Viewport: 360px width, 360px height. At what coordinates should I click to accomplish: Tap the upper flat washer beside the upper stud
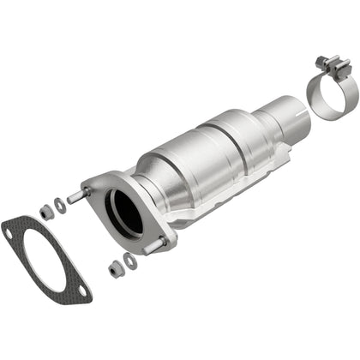(59, 205)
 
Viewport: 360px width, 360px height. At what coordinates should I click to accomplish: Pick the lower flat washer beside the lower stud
(129, 261)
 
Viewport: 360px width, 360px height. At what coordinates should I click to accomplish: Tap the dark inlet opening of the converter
(127, 212)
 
